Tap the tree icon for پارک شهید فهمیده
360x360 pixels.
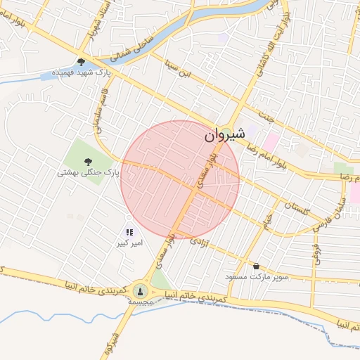82,62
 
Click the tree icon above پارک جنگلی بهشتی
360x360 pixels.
88,161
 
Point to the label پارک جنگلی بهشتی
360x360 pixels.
89,172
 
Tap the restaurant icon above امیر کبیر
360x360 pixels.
129,232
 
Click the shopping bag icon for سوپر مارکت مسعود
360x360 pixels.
255,266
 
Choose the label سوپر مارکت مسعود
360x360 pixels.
256,277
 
